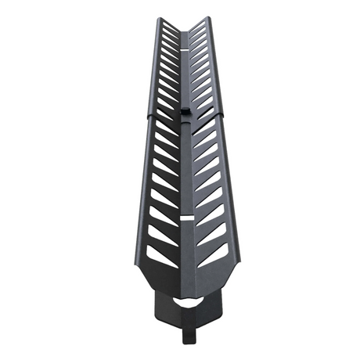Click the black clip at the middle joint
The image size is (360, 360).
pyautogui.click(x=184, y=113)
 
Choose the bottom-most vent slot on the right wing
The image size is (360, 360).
pyautogui.click(x=211, y=254)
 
